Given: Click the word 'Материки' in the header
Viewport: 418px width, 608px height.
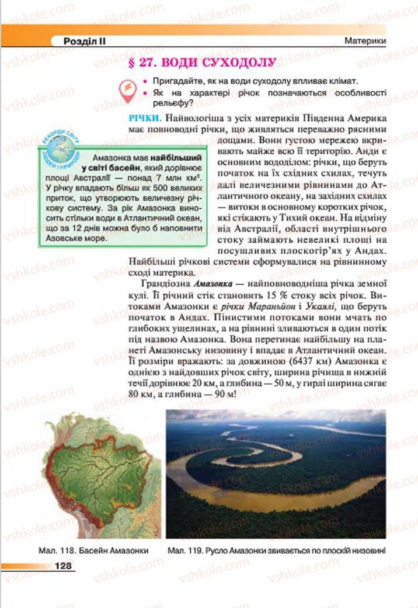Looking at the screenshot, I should click(365, 42).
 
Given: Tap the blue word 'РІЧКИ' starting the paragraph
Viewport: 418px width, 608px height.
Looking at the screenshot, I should click(145, 118).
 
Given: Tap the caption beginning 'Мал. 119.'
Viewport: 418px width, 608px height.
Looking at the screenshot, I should click(276, 550).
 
